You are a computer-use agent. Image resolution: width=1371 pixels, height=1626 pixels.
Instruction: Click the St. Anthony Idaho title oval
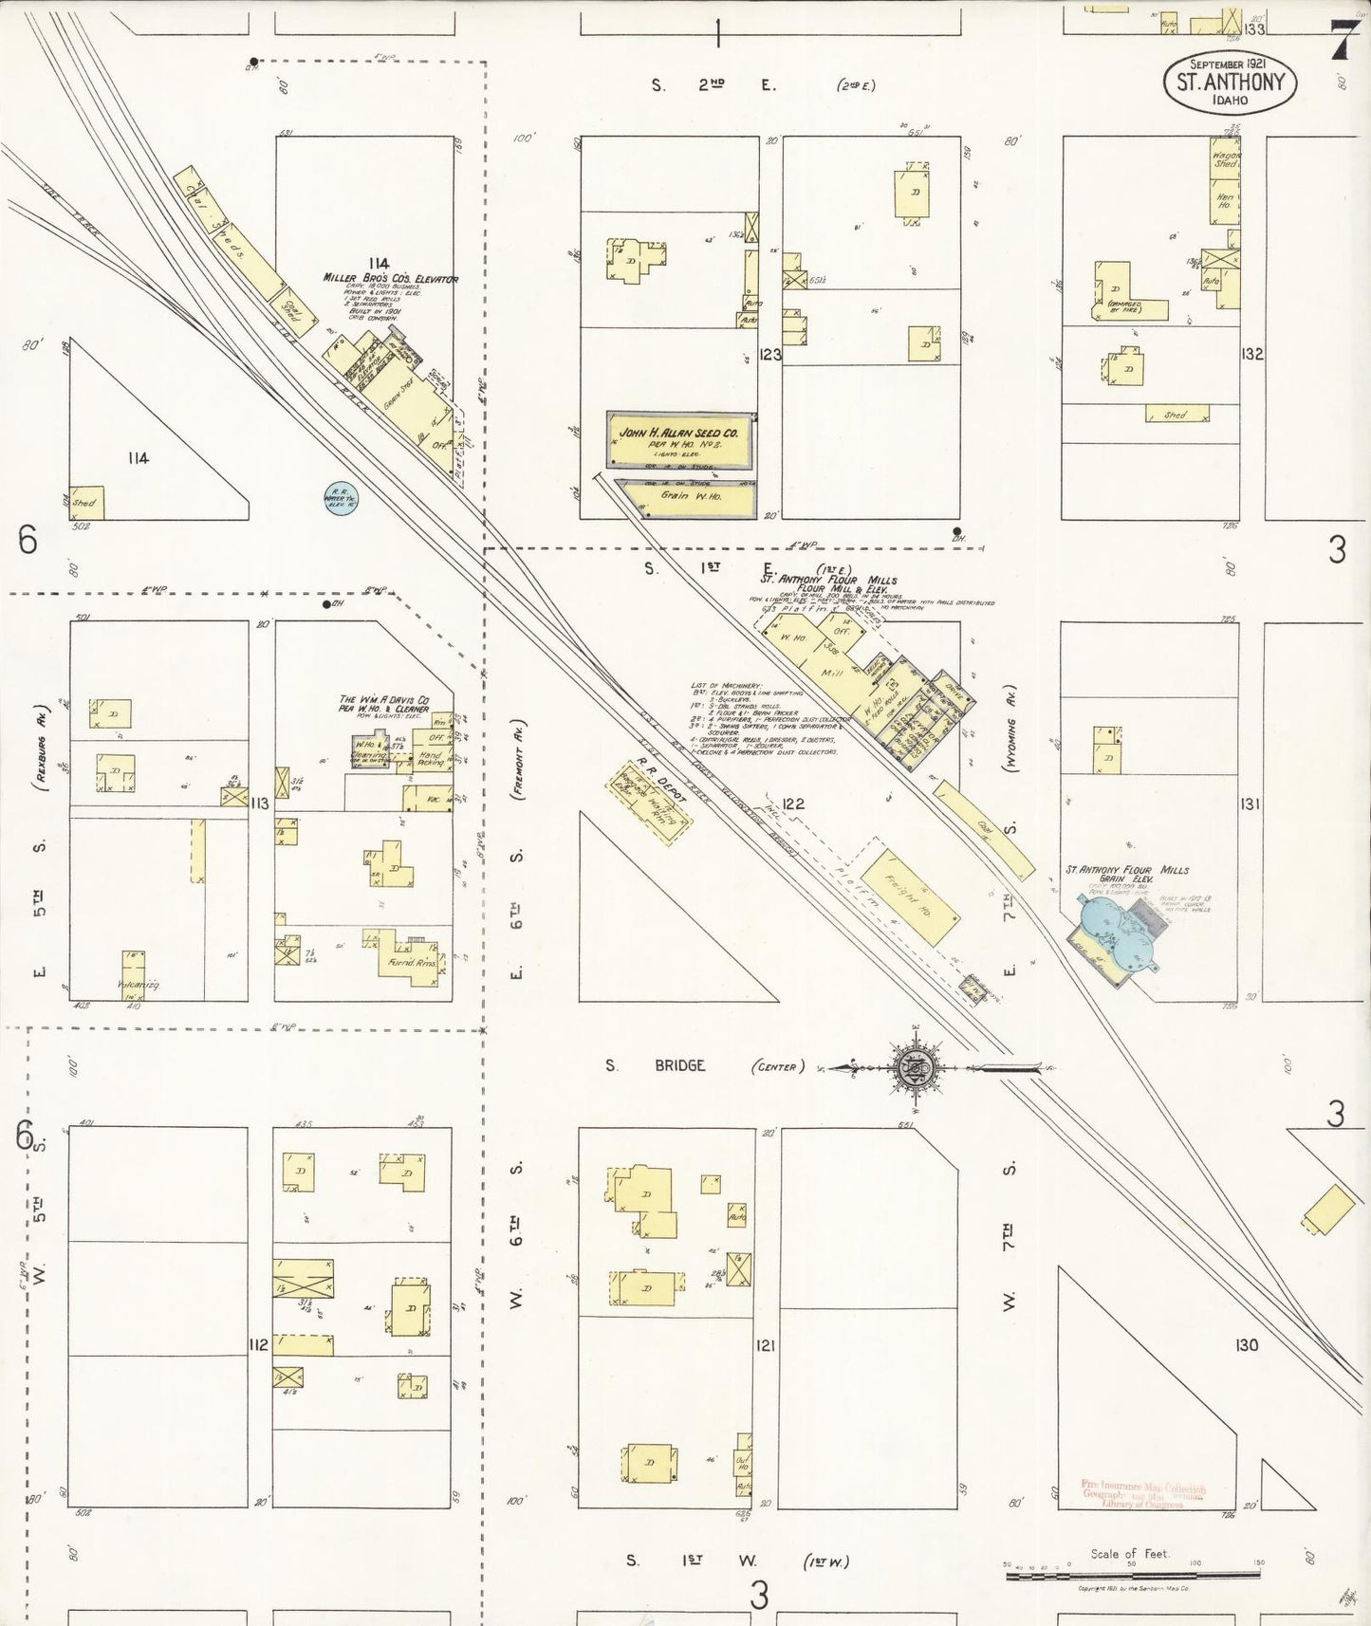[x=1230, y=82]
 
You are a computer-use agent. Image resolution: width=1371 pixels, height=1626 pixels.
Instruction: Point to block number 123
[x=769, y=355]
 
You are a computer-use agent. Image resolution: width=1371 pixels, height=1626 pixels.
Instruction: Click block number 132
[x=1251, y=354]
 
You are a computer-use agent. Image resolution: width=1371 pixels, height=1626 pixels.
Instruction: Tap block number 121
[x=766, y=1345]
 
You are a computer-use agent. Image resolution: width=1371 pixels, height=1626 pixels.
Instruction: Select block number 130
[x=1246, y=1345]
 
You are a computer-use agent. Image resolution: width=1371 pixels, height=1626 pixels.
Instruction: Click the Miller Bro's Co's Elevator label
[x=390, y=279]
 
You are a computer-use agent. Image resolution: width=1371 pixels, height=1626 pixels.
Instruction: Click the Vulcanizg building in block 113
[x=134, y=973]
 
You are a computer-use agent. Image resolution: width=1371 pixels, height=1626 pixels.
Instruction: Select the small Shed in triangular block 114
[x=87, y=503]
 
